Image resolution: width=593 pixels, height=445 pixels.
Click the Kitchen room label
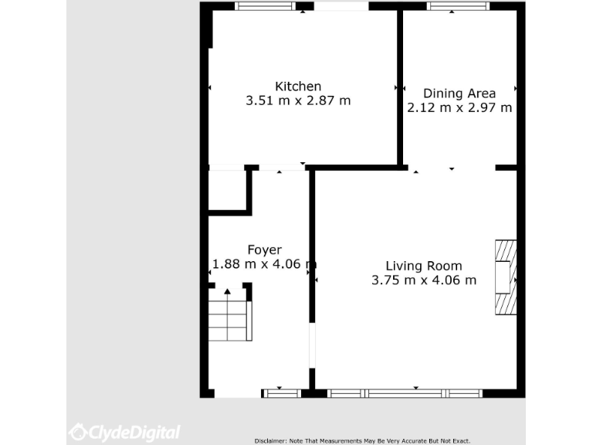point(298,86)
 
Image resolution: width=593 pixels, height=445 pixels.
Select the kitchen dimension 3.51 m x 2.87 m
point(298,100)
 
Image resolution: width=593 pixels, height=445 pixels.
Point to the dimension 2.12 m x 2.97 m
point(459,108)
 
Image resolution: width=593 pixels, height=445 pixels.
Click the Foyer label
point(264,250)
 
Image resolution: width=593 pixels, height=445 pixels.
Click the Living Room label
point(424,266)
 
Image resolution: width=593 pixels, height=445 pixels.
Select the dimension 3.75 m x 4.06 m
point(424,280)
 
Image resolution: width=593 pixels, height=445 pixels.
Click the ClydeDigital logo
point(124,432)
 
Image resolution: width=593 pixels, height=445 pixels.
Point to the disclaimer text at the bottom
point(362,440)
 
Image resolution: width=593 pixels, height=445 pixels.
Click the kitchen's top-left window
point(266,6)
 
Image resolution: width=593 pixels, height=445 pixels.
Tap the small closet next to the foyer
point(227,190)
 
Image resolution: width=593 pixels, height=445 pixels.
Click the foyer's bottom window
point(282,393)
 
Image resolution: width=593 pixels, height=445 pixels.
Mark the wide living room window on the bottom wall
point(405,393)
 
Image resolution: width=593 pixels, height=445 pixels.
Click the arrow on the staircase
point(228,291)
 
